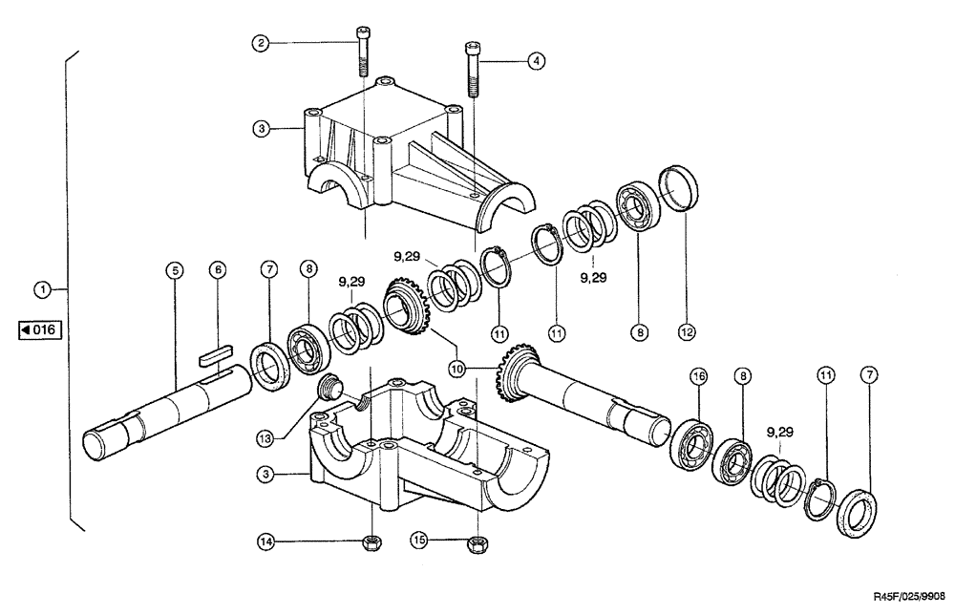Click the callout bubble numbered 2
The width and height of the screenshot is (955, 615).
(259, 42)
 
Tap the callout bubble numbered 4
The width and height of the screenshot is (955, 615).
(537, 60)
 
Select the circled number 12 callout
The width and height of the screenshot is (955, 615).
(687, 333)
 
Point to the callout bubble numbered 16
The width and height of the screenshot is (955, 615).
(699, 377)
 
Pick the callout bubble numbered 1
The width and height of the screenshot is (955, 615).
(42, 287)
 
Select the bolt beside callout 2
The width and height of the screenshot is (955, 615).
(364, 53)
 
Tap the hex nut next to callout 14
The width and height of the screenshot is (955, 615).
(373, 543)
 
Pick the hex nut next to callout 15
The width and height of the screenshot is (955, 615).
(475, 544)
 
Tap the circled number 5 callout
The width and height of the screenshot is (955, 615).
(173, 271)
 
